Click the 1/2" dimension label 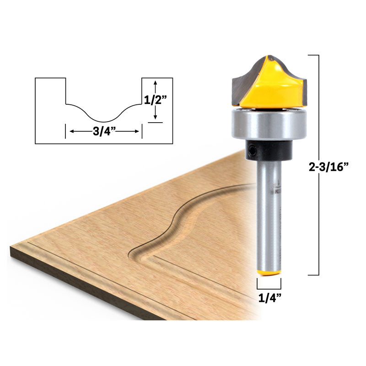click(x=156, y=100)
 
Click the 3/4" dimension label click(x=104, y=131)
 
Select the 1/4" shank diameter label click(x=269, y=297)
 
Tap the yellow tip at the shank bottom click(x=269, y=273)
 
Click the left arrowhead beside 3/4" click(x=71, y=131)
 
